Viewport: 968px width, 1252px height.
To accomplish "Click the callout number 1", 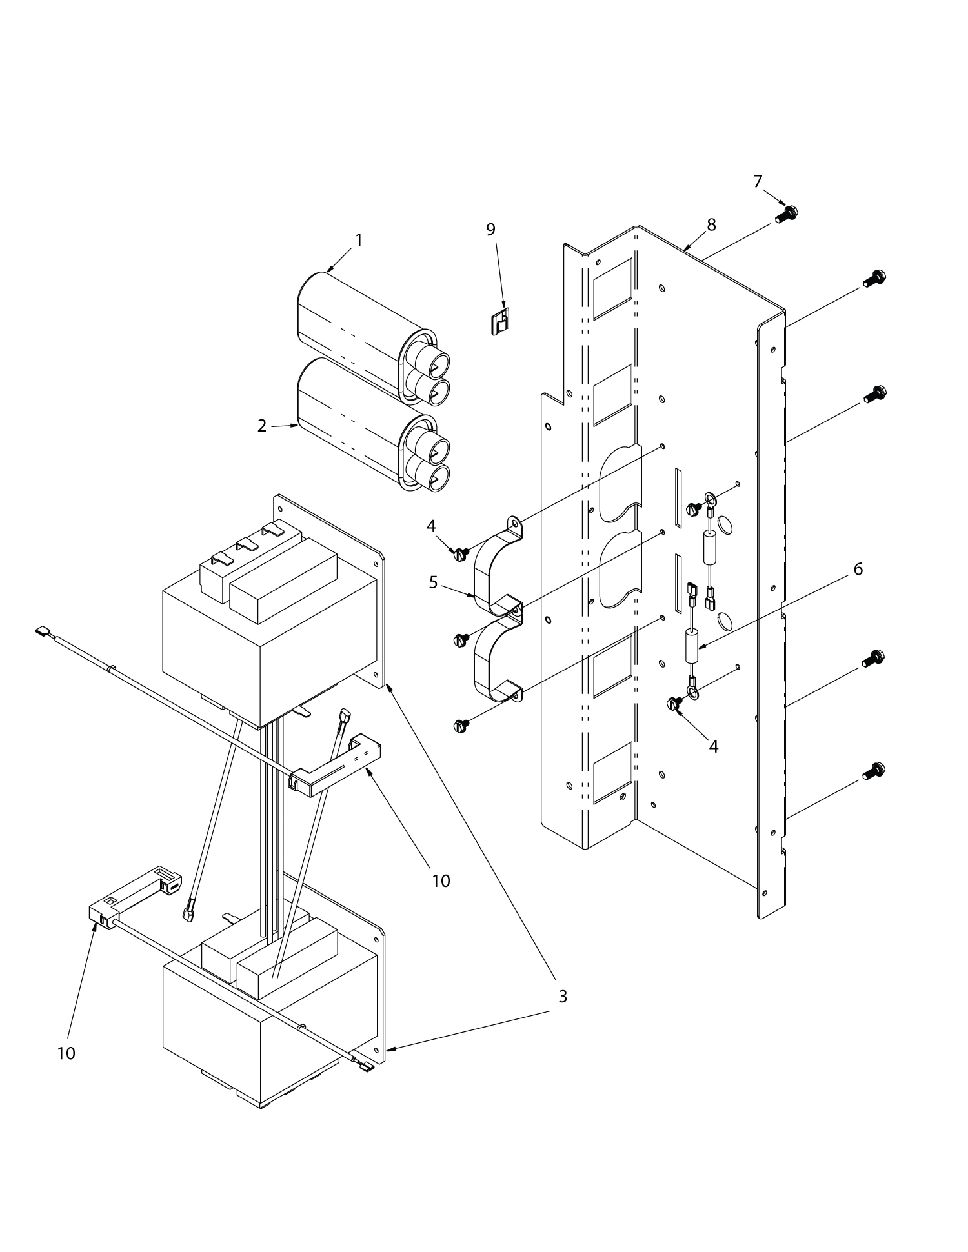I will pyautogui.click(x=359, y=241).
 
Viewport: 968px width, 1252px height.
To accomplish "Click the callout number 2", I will pyautogui.click(x=262, y=426).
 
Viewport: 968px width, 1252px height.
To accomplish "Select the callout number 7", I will pyautogui.click(x=758, y=182).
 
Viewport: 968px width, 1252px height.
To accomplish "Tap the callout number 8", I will pyautogui.click(x=711, y=225).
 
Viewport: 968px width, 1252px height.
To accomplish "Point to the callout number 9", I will pyautogui.click(x=490, y=230).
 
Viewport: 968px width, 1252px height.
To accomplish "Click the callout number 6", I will pyautogui.click(x=858, y=569).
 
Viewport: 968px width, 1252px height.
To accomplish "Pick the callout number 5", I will pyautogui.click(x=434, y=582).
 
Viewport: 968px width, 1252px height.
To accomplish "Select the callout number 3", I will pyautogui.click(x=562, y=996).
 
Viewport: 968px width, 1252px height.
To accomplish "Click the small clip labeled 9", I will pyautogui.click(x=500, y=321).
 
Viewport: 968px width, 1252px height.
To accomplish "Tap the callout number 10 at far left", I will pyautogui.click(x=66, y=1053).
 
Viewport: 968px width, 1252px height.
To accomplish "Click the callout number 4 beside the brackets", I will pyautogui.click(x=431, y=526).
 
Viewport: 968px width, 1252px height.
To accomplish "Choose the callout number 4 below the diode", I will pyautogui.click(x=713, y=746).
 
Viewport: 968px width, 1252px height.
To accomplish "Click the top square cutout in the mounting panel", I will pyautogui.click(x=612, y=288).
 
